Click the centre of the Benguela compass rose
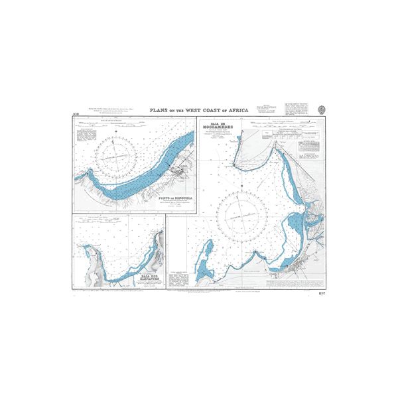117,156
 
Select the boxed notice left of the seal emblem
297,109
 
